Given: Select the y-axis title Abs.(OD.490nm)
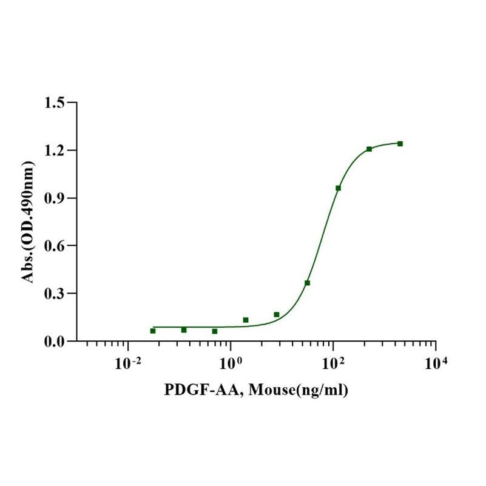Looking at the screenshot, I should [28, 222].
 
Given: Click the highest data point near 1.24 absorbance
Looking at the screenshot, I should [400, 144].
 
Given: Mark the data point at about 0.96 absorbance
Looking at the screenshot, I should [338, 188].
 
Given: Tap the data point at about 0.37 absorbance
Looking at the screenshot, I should [307, 283].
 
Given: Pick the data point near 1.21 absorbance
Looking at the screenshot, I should [369, 149].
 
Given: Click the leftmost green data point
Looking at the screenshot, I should [153, 331].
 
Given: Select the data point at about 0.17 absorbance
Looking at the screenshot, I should [277, 314].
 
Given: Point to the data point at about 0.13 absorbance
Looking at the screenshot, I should [246, 320].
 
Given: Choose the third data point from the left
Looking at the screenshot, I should [215, 331].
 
